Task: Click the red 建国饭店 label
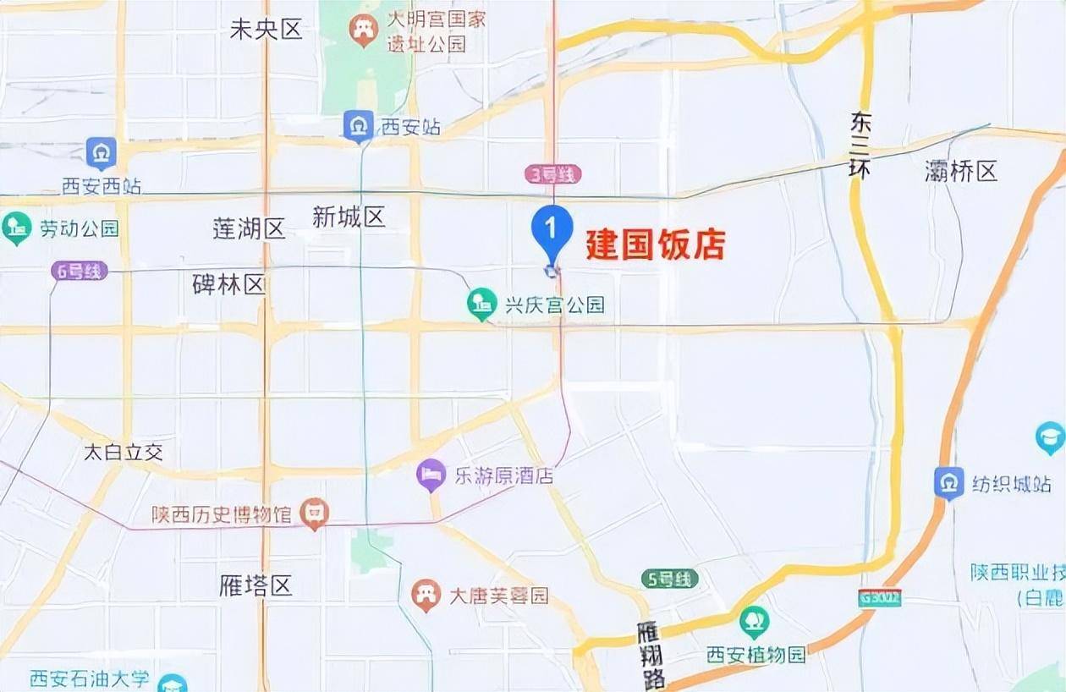tap(656, 244)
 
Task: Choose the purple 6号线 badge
tap(80, 272)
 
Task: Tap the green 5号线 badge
tap(669, 579)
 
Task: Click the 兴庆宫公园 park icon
tap(482, 304)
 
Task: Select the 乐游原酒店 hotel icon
tap(431, 475)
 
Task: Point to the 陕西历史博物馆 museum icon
tap(315, 513)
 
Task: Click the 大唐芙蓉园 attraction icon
tap(426, 595)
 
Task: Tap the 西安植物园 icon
tap(754, 623)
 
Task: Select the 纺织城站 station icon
tap(949, 483)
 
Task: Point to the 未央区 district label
tap(266, 30)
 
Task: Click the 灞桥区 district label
tap(961, 172)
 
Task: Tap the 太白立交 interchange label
tap(123, 452)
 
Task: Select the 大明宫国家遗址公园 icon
tap(364, 31)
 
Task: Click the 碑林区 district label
tap(229, 284)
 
